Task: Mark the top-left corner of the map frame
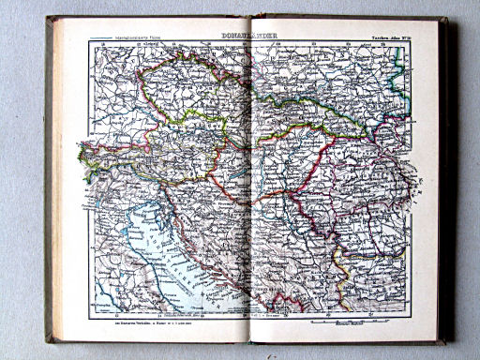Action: pyautogui.click(x=91, y=43)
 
